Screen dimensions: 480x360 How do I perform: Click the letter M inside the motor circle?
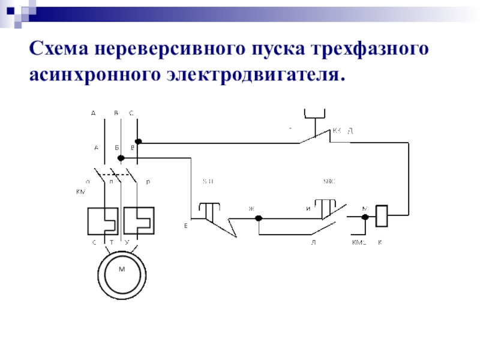121,269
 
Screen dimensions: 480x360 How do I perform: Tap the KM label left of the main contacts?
80,191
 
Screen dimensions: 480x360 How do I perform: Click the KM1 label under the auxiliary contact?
359,242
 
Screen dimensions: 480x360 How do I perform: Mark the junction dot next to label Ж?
259,218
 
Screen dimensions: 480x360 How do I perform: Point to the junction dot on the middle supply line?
121,158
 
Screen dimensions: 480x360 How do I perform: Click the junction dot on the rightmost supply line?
138,142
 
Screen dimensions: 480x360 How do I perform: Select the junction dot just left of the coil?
365,218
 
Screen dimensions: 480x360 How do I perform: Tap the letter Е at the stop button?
186,226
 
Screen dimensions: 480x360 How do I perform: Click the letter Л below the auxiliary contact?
313,242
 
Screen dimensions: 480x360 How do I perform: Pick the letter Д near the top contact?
350,130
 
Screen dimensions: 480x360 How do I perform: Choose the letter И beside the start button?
308,208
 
